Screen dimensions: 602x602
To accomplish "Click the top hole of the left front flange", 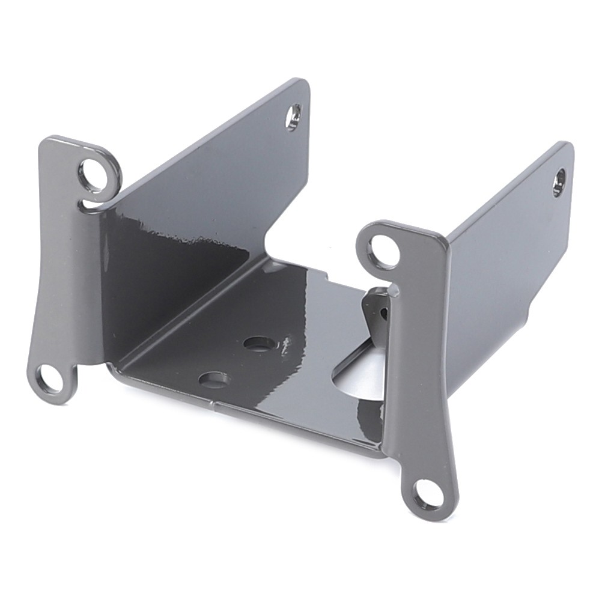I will [94, 172].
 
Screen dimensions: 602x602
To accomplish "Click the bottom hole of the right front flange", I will [428, 494].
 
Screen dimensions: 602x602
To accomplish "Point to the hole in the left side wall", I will [293, 117].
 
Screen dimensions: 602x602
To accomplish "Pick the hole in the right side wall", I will [559, 182].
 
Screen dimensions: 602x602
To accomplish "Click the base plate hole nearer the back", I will [260, 344].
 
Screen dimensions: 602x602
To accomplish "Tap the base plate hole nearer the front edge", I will [214, 380].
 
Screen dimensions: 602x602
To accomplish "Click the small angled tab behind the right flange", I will [375, 312].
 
